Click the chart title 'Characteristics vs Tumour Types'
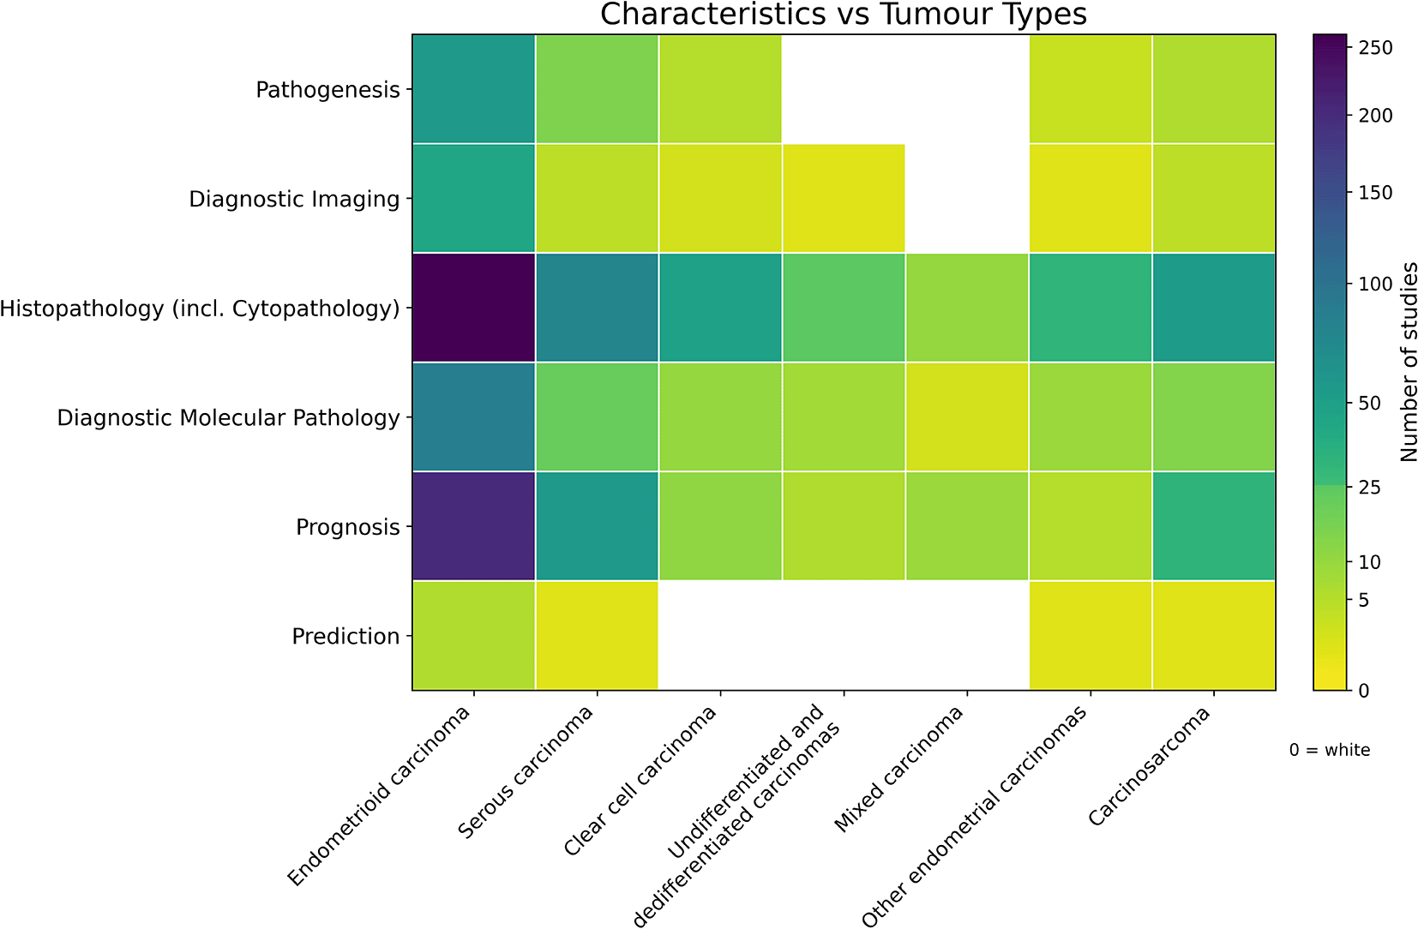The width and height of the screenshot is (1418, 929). (x=844, y=14)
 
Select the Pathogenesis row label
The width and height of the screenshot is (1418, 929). (x=327, y=90)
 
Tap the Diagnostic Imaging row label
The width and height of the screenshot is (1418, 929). (x=294, y=200)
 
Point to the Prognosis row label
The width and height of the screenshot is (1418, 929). (x=347, y=527)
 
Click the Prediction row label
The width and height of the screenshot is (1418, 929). (x=345, y=636)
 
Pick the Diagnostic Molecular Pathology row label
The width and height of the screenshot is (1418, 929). (x=229, y=417)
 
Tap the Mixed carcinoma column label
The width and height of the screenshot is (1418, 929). (x=899, y=770)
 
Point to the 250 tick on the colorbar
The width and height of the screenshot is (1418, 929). (x=1376, y=48)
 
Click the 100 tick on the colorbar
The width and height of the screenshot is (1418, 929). (x=1376, y=285)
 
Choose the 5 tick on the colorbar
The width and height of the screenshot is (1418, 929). (x=1363, y=599)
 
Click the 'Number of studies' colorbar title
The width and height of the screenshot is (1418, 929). (x=1407, y=363)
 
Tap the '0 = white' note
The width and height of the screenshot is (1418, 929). (x=1330, y=750)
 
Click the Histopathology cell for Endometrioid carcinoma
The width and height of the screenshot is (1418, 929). (x=473, y=308)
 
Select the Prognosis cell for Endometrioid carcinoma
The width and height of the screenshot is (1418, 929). (x=473, y=526)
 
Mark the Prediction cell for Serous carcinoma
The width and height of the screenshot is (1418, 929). (x=597, y=635)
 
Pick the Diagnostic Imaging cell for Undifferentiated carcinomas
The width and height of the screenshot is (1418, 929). (x=844, y=198)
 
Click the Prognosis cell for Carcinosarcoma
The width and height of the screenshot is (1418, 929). (x=1213, y=526)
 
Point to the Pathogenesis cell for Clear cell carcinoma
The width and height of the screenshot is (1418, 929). (x=720, y=89)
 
